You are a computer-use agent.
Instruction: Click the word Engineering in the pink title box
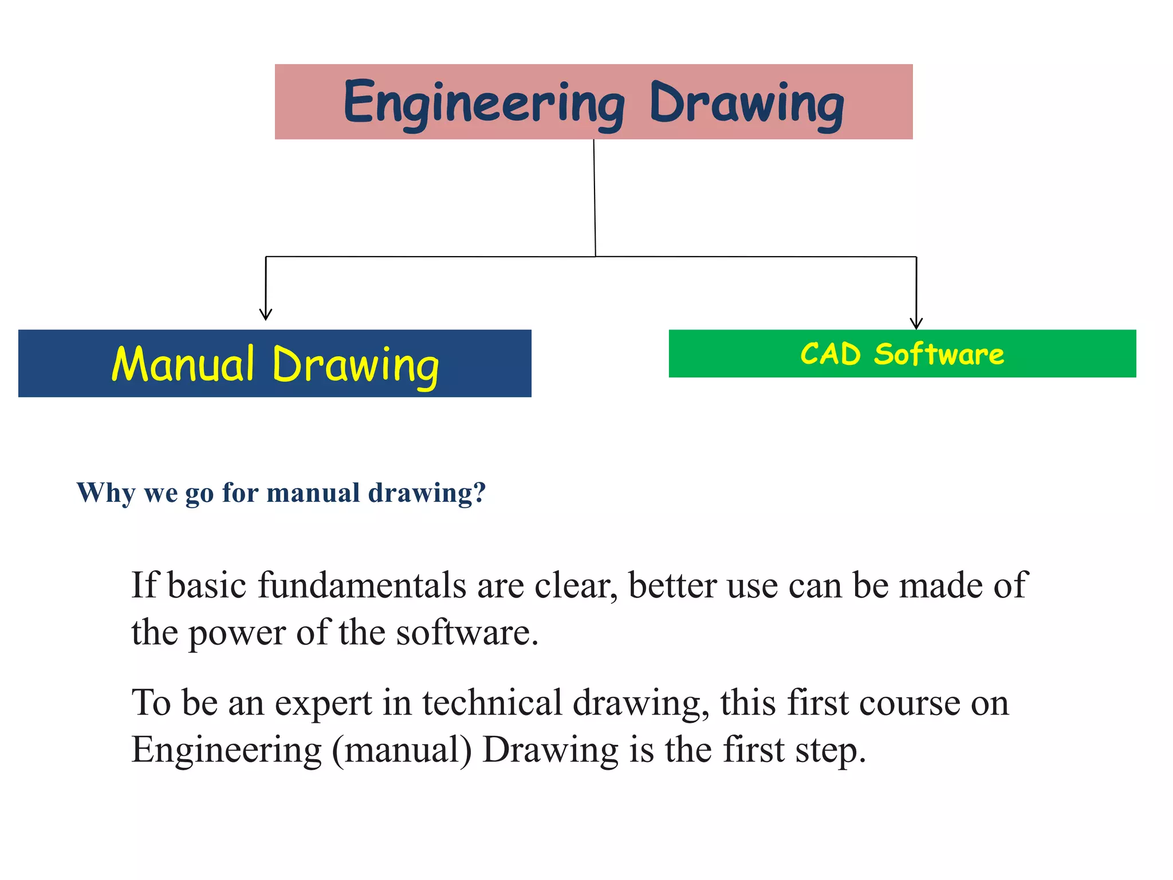[x=484, y=103]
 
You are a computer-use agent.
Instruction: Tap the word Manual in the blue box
[x=183, y=364]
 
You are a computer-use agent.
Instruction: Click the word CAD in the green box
[x=830, y=354]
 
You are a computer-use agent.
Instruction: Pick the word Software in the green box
[x=939, y=354]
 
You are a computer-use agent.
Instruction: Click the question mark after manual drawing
[x=480, y=492]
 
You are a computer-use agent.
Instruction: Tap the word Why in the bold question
[x=106, y=493]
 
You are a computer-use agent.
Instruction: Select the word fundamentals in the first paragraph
[x=362, y=586]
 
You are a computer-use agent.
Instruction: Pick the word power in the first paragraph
[x=237, y=634]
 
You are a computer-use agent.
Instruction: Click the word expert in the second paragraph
[x=324, y=704]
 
